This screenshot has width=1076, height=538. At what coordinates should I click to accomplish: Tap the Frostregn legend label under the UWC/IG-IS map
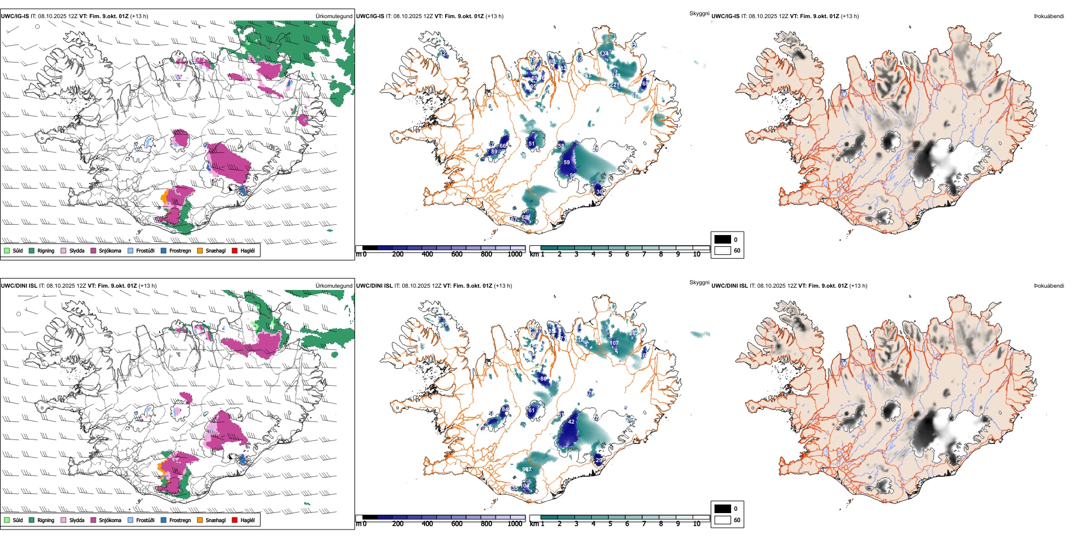[x=180, y=250]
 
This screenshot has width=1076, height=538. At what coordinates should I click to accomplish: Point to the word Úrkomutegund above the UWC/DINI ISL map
[x=334, y=285]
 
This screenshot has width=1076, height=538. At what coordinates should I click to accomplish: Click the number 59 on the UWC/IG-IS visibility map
[x=567, y=163]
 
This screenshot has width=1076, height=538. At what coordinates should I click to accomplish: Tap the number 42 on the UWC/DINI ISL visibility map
[x=571, y=422]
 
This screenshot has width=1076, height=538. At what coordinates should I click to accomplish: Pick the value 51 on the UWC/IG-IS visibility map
[x=531, y=144]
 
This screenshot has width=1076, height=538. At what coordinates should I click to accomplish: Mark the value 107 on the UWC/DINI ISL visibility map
[x=614, y=343]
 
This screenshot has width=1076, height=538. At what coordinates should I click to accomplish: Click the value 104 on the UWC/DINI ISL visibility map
[x=525, y=486]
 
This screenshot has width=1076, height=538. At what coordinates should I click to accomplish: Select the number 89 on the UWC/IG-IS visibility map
[x=494, y=152]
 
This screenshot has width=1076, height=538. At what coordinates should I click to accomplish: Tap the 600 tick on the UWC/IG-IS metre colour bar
[x=456, y=254]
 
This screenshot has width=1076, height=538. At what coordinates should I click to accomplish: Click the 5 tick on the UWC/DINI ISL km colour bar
[x=610, y=524]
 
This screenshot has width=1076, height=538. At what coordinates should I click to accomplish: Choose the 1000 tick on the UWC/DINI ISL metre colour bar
[x=515, y=524]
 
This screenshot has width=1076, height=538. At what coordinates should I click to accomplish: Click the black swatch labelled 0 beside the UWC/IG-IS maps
[x=723, y=240]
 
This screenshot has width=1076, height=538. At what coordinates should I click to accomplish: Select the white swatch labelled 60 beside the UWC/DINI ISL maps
[x=723, y=520]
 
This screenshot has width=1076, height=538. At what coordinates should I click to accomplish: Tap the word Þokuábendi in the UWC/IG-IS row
[x=1049, y=16]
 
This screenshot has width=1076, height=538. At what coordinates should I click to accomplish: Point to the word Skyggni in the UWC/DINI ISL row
[x=699, y=283]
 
